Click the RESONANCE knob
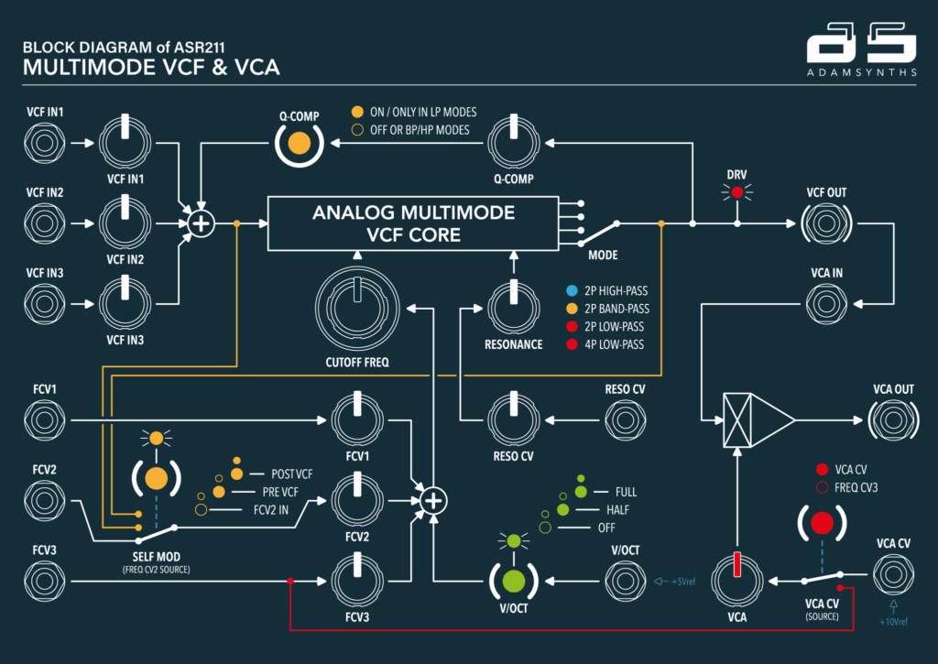click(x=513, y=306)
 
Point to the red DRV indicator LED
click(x=736, y=192)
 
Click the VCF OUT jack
click(x=827, y=223)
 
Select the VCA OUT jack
click(x=893, y=421)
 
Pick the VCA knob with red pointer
click(x=737, y=578)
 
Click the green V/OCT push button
click(x=513, y=579)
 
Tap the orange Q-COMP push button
click(x=298, y=143)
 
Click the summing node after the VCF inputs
click(x=200, y=223)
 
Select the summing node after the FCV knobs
click(x=434, y=500)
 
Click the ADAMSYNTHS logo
click(x=860, y=55)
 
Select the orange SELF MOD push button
click(x=156, y=477)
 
